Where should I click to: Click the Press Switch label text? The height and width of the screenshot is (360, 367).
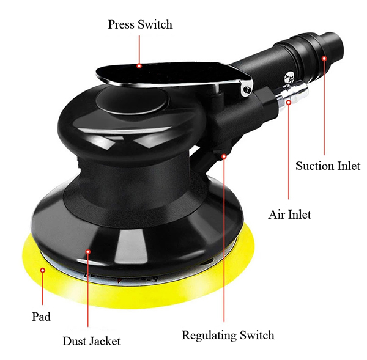coord(140,24)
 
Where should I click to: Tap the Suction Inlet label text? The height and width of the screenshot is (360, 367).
coord(328,166)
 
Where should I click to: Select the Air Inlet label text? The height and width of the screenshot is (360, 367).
coord(290,215)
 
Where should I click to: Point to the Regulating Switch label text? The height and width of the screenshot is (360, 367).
coord(228,336)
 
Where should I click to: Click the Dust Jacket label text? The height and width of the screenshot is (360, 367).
coord(92,341)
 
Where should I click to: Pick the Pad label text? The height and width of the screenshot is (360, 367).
coord(41,317)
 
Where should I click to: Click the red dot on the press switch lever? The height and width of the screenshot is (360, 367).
coord(139,66)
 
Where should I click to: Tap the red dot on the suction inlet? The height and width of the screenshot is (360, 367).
coord(324,59)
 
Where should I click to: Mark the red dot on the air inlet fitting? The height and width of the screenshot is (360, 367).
coord(289,102)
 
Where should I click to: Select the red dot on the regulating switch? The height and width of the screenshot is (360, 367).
coord(224,156)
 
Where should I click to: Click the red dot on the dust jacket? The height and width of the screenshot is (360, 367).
coord(88,252)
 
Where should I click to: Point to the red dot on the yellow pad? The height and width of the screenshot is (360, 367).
coord(43,270)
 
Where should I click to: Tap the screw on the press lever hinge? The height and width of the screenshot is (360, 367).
coord(247,89)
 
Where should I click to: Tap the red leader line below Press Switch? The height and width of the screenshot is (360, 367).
coord(139,49)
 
